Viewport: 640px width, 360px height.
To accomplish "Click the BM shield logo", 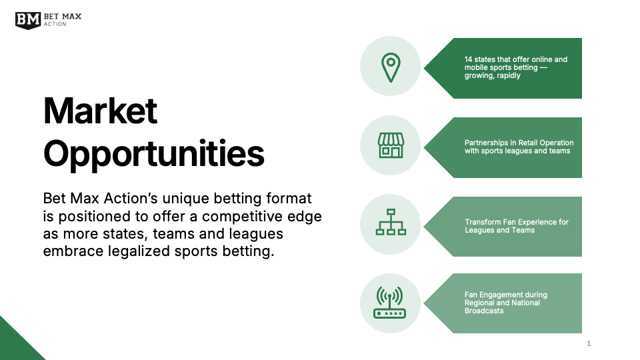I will pos(28,19).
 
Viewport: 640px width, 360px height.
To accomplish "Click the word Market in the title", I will pos(100,111).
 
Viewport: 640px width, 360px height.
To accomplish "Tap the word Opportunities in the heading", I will pos(154,153).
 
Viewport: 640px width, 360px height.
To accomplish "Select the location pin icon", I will pos(390,67).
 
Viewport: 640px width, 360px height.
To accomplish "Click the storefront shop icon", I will pos(391,145).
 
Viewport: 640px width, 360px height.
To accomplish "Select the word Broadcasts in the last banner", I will pos(484,311).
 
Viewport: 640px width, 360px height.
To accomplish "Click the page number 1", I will pos(589,344).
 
